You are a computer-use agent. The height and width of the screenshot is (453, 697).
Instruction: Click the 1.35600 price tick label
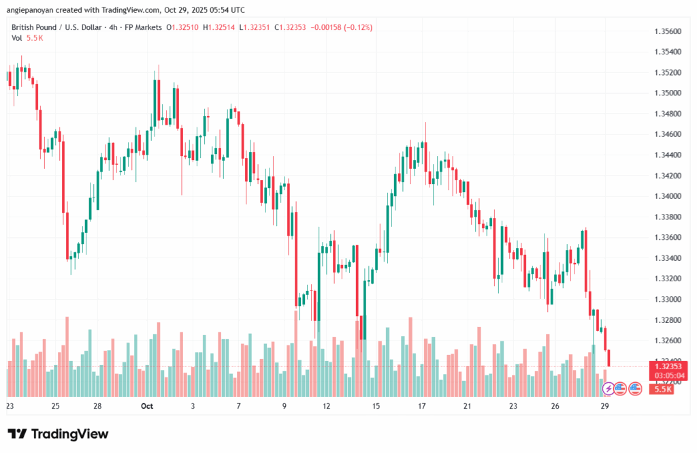coord(667,31)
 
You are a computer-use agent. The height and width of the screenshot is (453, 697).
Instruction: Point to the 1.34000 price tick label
coord(667,196)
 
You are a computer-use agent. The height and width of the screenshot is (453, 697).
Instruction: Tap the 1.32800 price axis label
coord(667,319)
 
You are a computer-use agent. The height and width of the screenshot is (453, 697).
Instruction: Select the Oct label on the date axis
coord(147,406)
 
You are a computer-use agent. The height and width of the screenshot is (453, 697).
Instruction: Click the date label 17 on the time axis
coord(422,406)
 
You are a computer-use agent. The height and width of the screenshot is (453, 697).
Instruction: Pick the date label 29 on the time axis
coord(604,406)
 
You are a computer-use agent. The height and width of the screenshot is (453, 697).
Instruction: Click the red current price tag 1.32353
coord(668,366)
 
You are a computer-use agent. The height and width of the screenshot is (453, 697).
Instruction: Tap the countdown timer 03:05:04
coord(668,375)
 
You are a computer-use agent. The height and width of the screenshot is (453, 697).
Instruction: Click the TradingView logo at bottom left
coord(58,434)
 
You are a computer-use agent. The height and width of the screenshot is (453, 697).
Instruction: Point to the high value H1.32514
coord(225,27)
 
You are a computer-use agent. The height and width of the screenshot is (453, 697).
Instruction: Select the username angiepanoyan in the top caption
coord(31,10)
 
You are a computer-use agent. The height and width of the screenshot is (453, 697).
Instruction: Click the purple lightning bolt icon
coord(608,388)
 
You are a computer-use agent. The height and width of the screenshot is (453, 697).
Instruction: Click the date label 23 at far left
coord(10,406)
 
